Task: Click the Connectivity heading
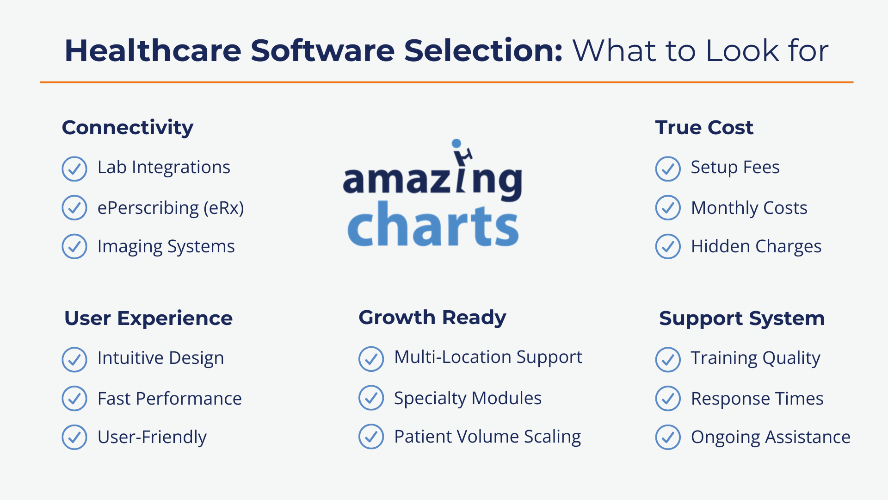click(128, 128)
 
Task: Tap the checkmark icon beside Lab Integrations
click(74, 169)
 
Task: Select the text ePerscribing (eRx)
click(170, 208)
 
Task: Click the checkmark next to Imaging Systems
click(74, 246)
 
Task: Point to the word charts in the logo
click(433, 225)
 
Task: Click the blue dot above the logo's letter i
click(456, 144)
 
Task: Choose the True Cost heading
click(704, 128)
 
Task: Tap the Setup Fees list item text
click(735, 167)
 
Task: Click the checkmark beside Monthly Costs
click(668, 208)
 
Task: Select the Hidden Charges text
click(756, 246)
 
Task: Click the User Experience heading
click(148, 319)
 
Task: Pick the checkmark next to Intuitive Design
click(74, 359)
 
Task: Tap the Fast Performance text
click(169, 399)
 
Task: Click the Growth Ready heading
click(432, 318)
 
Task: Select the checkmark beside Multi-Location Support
click(371, 359)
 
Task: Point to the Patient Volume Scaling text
click(487, 437)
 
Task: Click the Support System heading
click(742, 319)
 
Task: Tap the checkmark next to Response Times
click(668, 399)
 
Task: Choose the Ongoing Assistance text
click(771, 437)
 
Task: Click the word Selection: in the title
click(483, 50)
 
